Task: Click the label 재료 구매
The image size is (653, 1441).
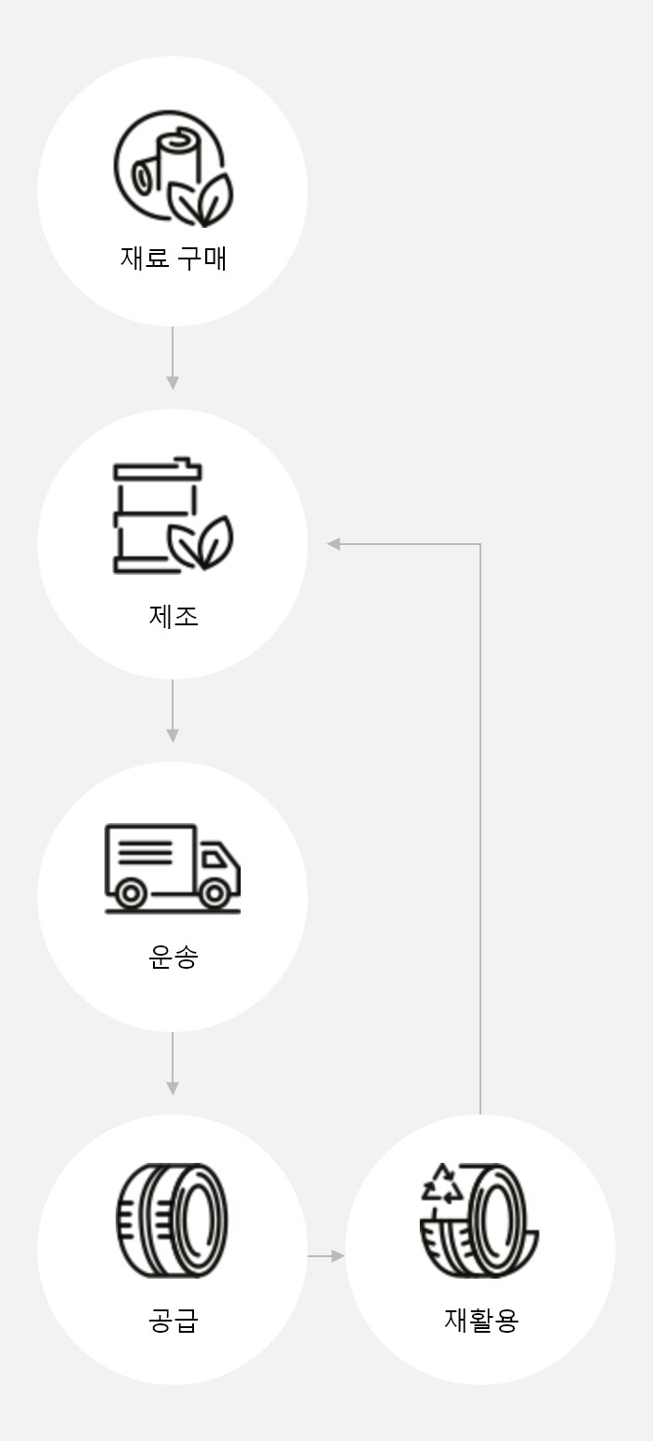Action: pyautogui.click(x=173, y=258)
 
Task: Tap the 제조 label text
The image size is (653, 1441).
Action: pyautogui.click(x=173, y=616)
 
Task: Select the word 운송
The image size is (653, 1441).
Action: pyautogui.click(x=173, y=957)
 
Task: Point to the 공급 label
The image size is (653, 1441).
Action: pyautogui.click(x=173, y=1321)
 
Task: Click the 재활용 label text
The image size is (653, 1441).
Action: pyautogui.click(x=480, y=1321)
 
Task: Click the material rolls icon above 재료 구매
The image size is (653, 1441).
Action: pyautogui.click(x=173, y=168)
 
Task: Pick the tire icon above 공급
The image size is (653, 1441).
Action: pyautogui.click(x=173, y=1220)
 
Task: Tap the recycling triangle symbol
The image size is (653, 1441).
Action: pyautogui.click(x=442, y=1183)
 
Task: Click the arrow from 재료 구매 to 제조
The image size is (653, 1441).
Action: pyautogui.click(x=173, y=358)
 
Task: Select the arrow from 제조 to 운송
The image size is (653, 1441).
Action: pyautogui.click(x=173, y=711)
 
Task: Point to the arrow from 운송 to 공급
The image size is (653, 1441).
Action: pyautogui.click(x=173, y=1064)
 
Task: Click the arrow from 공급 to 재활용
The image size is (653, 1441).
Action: pyautogui.click(x=326, y=1256)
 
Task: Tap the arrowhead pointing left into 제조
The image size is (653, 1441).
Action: pyautogui.click(x=333, y=544)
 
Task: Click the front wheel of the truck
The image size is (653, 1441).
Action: pyautogui.click(x=215, y=894)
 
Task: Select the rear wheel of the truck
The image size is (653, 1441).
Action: pyautogui.click(x=131, y=894)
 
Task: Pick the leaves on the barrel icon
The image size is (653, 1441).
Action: pyautogui.click(x=201, y=543)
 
